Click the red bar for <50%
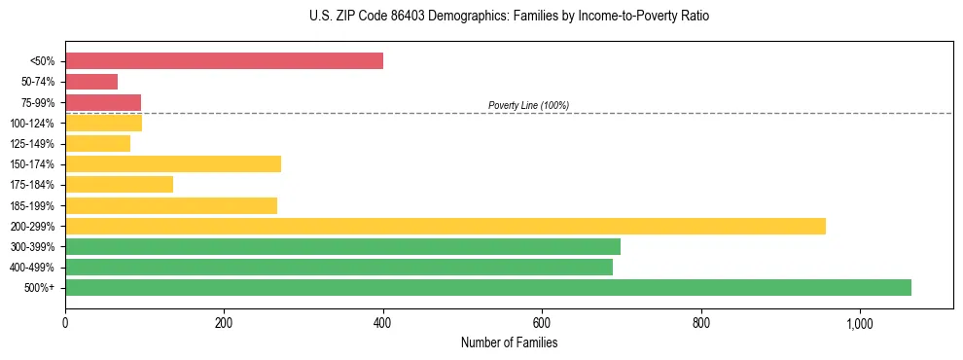(x=224, y=61)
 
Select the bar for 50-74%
(x=91, y=82)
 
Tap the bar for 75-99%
(x=103, y=102)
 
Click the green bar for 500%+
(x=488, y=287)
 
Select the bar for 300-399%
(x=342, y=246)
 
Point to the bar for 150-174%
(x=173, y=163)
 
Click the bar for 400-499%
(x=339, y=267)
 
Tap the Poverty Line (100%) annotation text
(x=528, y=105)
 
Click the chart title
(x=481, y=17)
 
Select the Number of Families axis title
(x=509, y=342)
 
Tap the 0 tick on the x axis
(x=65, y=323)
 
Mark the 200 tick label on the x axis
(x=224, y=323)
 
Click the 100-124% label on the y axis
(x=32, y=124)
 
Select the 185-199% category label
(x=32, y=205)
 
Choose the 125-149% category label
(x=32, y=144)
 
